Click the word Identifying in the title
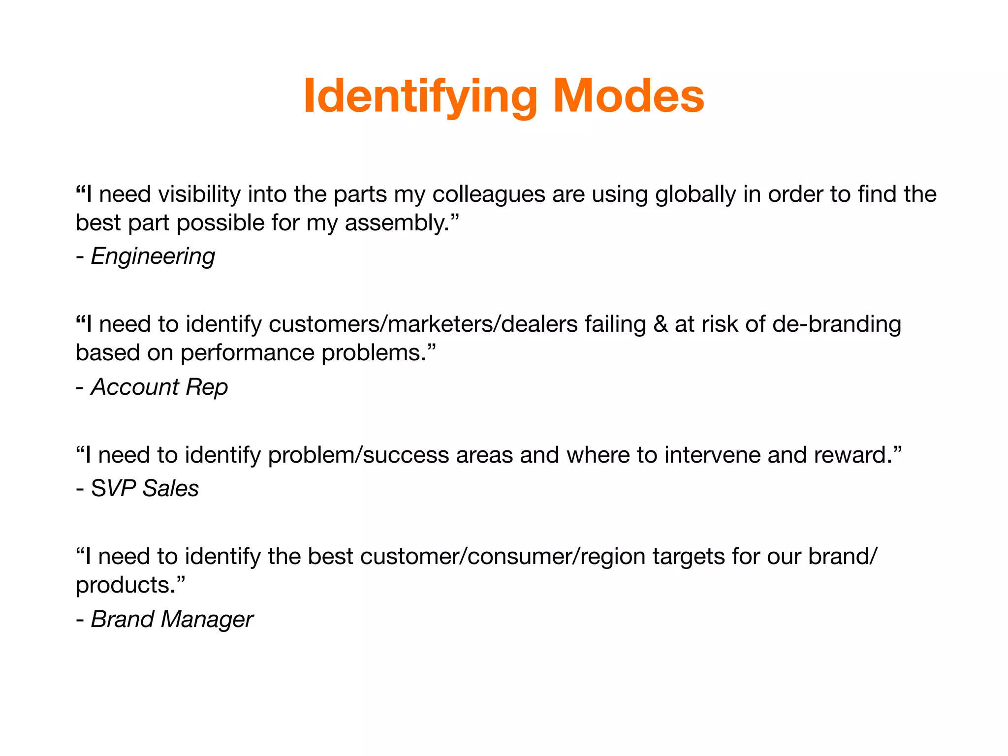(420, 96)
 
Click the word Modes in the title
(629, 96)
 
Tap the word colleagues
(489, 194)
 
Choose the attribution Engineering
(153, 256)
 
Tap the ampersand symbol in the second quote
(661, 324)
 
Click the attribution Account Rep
(159, 387)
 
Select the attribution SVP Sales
(145, 489)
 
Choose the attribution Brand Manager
(172, 619)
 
